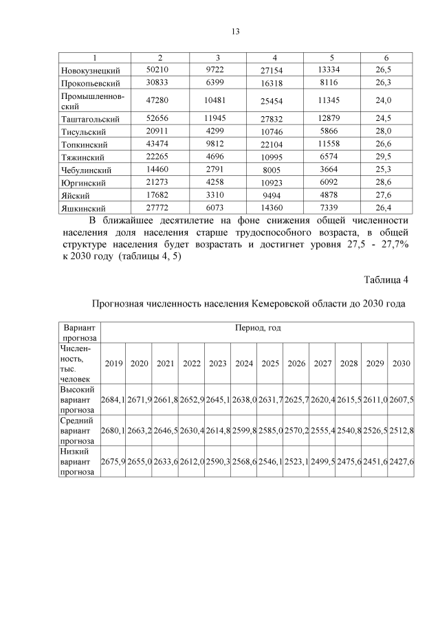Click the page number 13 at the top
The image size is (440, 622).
234,32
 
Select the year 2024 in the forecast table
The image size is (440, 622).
244,363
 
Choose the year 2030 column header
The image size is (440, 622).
401,363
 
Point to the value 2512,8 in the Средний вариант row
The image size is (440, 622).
401,430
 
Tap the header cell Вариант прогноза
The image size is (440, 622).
80,333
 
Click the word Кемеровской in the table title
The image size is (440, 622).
280,303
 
